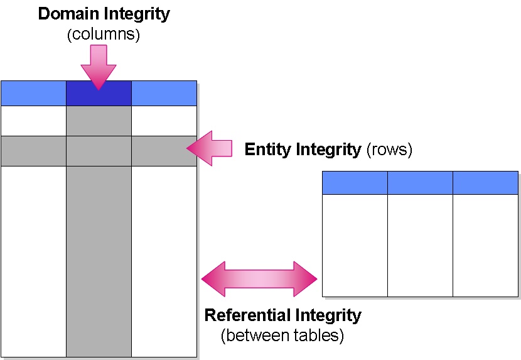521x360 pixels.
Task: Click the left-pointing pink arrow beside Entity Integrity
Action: pyautogui.click(x=210, y=148)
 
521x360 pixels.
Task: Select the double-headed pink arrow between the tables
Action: pyautogui.click(x=259, y=278)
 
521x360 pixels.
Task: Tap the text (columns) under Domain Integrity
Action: pyautogui.click(x=104, y=34)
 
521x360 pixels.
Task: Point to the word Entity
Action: pyautogui.click(x=267, y=150)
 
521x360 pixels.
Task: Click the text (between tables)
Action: pyautogui.click(x=282, y=336)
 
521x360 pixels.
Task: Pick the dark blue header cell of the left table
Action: pyautogui.click(x=99, y=94)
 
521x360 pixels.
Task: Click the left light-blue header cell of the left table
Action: pyautogui.click(x=33, y=94)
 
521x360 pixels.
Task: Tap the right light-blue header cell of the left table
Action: pyautogui.click(x=164, y=94)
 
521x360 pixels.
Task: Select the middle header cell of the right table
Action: pyautogui.click(x=420, y=183)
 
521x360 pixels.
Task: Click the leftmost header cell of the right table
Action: pyautogui.click(x=355, y=183)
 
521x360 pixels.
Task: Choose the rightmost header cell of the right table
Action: pyautogui.click(x=485, y=183)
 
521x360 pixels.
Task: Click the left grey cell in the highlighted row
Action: pyautogui.click(x=33, y=151)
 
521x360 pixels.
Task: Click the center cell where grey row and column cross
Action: pyautogui.click(x=99, y=151)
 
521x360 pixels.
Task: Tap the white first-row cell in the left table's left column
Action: pyautogui.click(x=33, y=121)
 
